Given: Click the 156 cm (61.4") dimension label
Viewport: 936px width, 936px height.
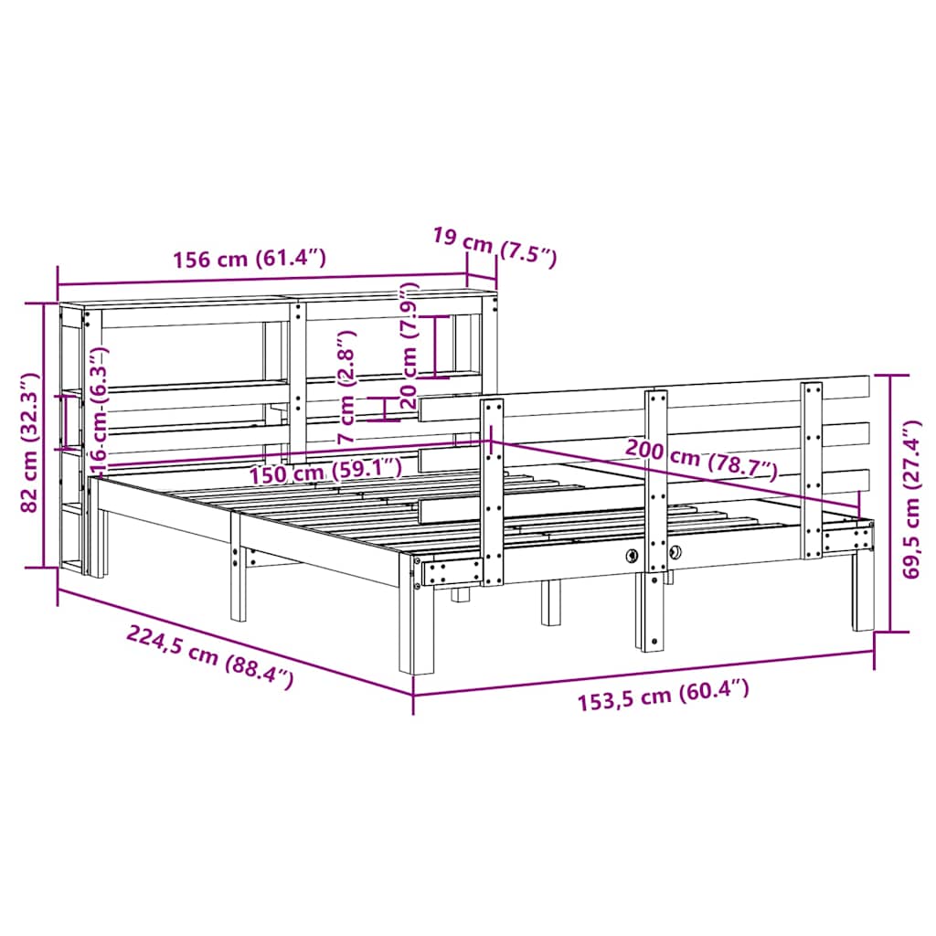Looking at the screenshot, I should (250, 258).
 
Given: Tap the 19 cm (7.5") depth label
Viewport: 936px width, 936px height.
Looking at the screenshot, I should (495, 246).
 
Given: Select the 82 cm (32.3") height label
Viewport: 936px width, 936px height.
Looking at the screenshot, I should (29, 442).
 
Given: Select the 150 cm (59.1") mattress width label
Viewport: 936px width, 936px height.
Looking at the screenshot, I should (325, 472).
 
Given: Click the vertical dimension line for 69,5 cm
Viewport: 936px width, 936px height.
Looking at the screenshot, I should (891, 503).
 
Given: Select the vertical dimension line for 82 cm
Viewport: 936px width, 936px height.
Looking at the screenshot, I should (44, 435).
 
